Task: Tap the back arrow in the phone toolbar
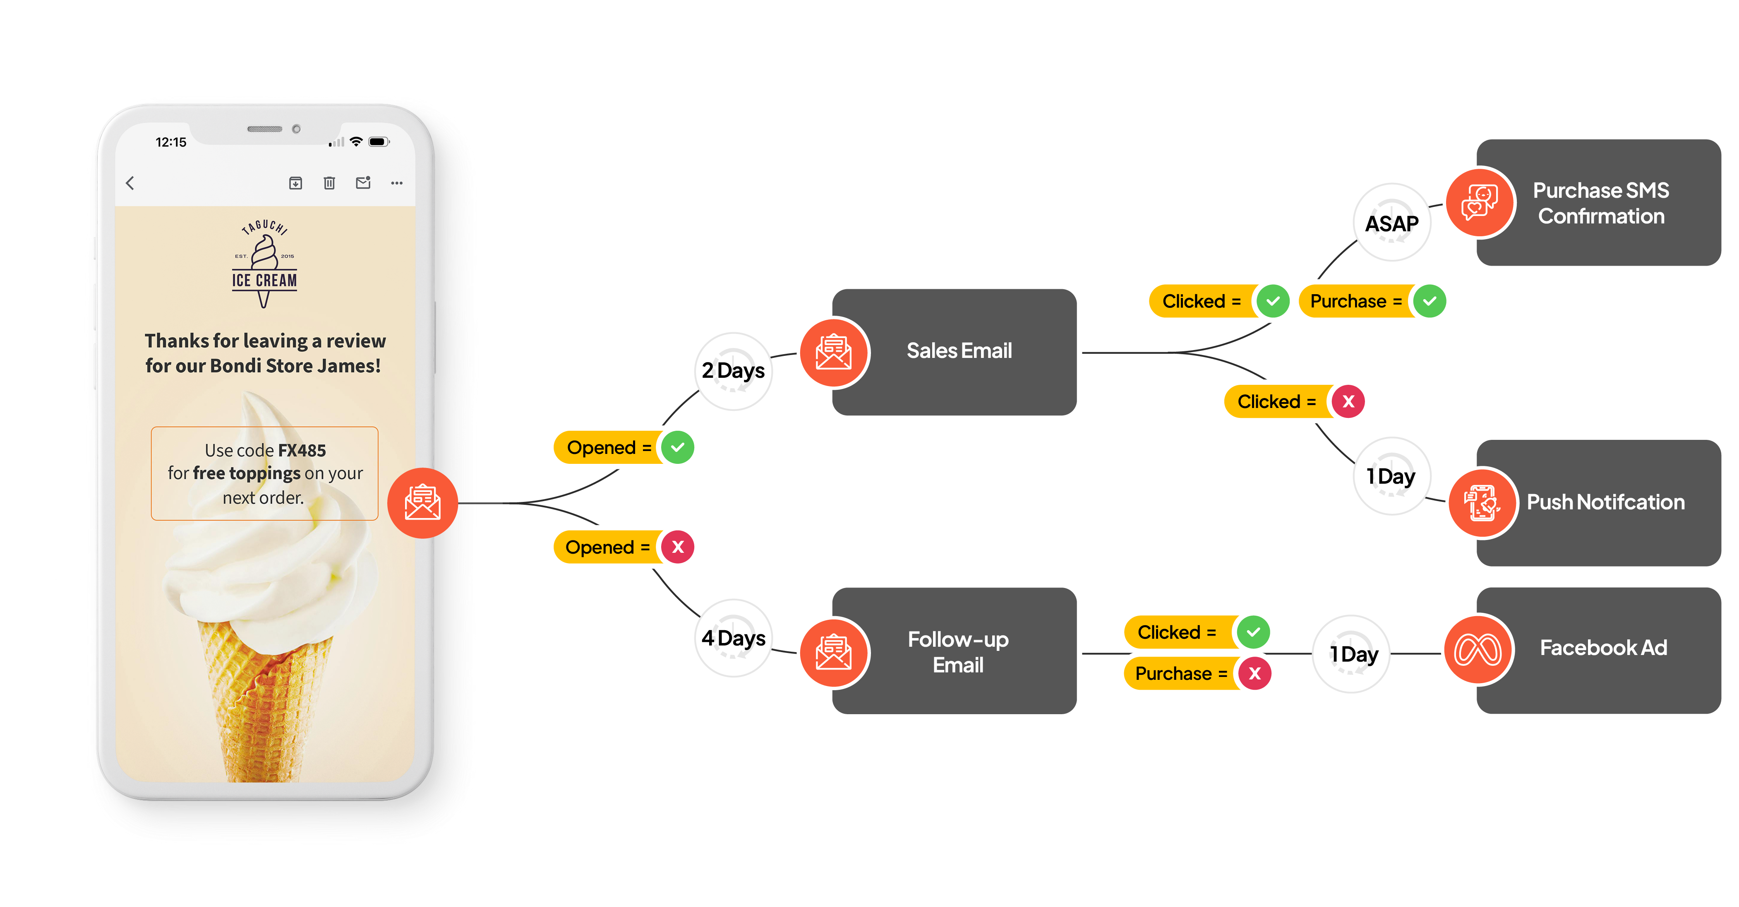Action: click(130, 183)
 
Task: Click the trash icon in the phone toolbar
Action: click(329, 183)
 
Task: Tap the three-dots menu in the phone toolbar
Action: click(397, 183)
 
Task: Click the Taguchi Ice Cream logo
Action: click(264, 264)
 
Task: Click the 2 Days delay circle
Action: click(733, 371)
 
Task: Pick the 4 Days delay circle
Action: click(733, 638)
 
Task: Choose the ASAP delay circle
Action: click(1392, 223)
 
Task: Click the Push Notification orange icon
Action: click(1482, 502)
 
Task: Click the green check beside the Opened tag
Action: click(678, 447)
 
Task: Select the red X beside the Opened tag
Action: click(678, 547)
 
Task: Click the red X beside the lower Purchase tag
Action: click(1255, 673)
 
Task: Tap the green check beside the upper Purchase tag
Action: click(1430, 301)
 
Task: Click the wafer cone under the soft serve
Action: click(263, 702)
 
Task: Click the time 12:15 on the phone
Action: click(171, 142)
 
